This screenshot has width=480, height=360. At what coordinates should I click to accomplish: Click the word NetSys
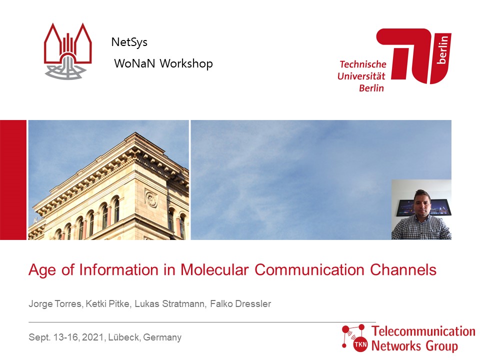coord(129,42)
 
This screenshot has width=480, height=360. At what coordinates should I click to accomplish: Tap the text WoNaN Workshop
coord(163,63)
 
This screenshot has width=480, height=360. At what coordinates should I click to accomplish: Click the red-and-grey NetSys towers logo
coord(68,51)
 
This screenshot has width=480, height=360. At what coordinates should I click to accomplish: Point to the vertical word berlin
coord(442,49)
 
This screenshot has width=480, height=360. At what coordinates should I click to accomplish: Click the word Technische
coord(363,64)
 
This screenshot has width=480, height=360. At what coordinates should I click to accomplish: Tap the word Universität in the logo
coord(361,76)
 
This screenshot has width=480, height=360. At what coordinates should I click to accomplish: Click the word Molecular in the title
coord(214,269)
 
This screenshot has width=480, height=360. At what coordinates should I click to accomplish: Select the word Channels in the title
coord(403,269)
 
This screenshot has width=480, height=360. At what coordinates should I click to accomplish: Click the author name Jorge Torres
coord(55,303)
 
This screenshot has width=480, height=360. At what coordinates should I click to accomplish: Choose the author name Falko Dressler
coord(240,303)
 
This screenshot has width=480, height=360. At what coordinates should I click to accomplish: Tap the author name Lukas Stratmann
coord(169,303)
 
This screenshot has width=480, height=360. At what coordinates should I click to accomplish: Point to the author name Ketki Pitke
coord(108,303)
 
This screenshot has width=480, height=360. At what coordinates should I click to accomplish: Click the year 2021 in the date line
coord(93,337)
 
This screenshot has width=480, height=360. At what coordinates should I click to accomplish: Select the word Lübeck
coord(124,337)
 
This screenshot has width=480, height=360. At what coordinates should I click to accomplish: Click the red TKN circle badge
coord(360,344)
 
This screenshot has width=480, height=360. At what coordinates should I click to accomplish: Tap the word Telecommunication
coord(423,331)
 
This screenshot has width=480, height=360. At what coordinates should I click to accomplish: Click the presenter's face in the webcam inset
coord(421,203)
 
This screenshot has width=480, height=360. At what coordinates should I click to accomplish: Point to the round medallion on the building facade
coord(151,199)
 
